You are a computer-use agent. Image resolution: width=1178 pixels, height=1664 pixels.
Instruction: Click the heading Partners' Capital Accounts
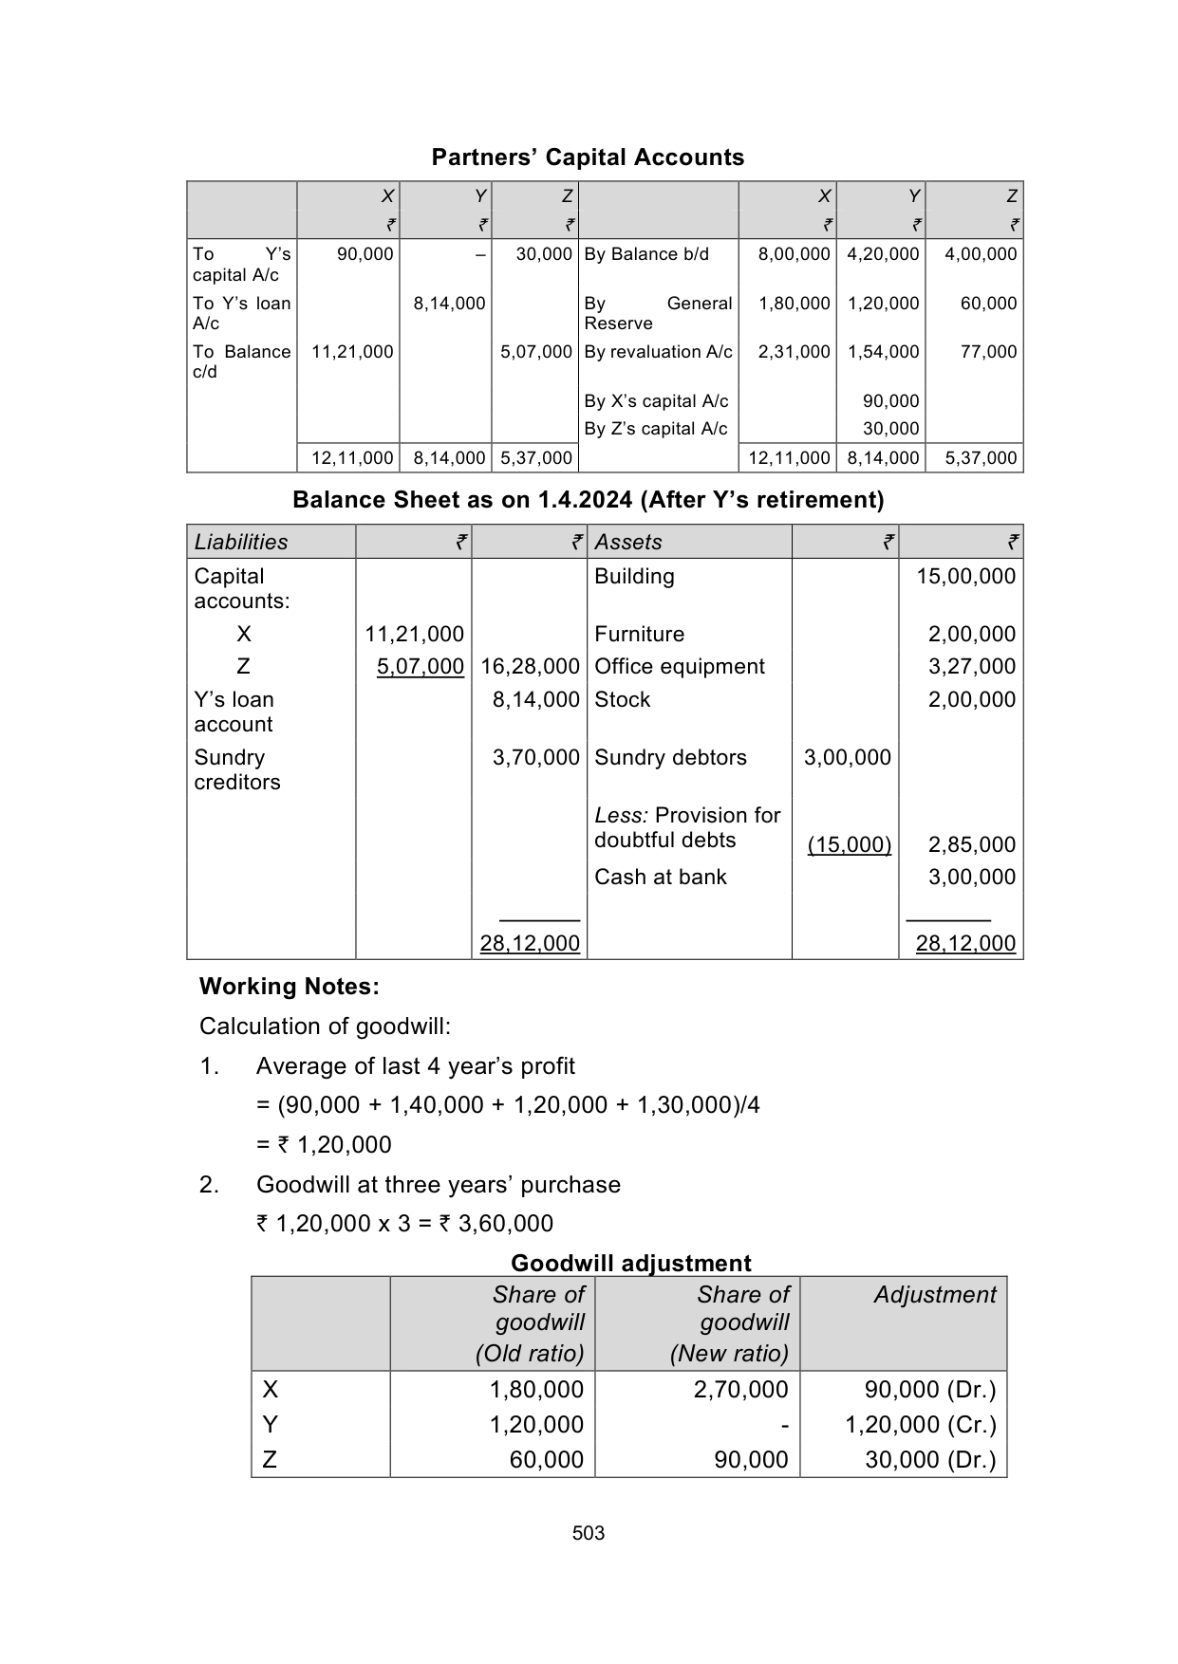coord(588,157)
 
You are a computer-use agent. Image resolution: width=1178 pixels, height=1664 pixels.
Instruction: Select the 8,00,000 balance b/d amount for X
coord(794,254)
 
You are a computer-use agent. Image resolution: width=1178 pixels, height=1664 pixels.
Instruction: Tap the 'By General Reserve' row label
coord(658,313)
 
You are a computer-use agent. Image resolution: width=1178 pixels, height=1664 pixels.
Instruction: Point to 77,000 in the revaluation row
coord(988,352)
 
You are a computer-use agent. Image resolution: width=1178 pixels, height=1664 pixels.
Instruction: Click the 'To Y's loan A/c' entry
coord(241,313)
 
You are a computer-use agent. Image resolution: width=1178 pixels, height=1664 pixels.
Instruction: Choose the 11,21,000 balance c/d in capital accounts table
coord(352,352)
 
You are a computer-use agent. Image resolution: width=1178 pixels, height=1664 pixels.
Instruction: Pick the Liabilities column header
coord(241,542)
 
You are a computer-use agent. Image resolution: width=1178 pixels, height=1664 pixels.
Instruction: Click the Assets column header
coord(628,542)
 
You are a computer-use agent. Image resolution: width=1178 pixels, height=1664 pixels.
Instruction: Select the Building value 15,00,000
coord(965,577)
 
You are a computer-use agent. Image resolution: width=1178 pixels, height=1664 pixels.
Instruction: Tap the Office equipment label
coord(680,667)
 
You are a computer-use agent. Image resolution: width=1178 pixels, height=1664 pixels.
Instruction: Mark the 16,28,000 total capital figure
coord(530,667)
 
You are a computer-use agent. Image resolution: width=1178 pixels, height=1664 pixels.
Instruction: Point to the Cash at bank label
coord(661,878)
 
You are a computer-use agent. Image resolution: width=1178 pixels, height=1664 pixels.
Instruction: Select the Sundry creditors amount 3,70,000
coord(535,758)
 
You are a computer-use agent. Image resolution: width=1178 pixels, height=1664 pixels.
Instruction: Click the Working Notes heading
coord(290,987)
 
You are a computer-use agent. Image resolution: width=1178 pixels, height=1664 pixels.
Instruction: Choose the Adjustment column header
coord(935,1295)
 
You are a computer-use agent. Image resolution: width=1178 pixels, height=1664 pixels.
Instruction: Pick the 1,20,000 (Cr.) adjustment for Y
coord(921,1425)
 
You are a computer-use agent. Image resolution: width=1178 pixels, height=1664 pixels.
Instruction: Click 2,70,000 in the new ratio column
coord(740,1390)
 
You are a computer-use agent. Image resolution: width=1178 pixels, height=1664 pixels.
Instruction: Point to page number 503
coord(589,1533)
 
